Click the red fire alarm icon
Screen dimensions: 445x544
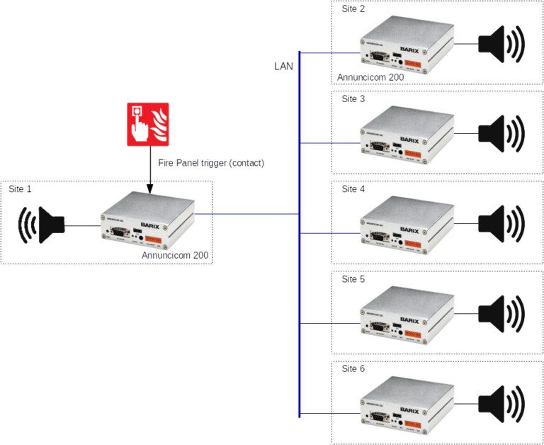148,124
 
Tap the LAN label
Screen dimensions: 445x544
284,66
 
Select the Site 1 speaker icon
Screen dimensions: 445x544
41,225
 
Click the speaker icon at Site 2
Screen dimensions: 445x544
502,43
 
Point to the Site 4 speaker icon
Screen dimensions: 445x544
502,222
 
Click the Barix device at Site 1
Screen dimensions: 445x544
147,220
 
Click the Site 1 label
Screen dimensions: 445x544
20,190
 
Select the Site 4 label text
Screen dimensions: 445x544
353,189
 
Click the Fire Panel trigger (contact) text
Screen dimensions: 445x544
211,164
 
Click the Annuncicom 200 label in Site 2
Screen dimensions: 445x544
370,77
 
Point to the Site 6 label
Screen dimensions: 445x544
353,368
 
